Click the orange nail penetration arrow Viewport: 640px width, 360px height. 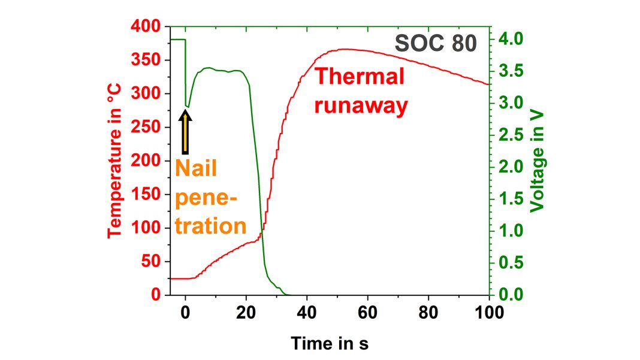(x=186, y=133)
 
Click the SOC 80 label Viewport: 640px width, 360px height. (x=436, y=44)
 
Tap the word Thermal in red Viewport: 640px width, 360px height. (x=360, y=77)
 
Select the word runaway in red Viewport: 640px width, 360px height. (x=361, y=105)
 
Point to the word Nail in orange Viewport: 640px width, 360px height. (x=196, y=169)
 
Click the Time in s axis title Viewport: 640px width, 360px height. (x=330, y=343)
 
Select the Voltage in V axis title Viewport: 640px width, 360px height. (x=539, y=161)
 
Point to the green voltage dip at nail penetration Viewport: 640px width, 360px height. (x=187, y=106)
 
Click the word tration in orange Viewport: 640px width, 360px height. (x=211, y=226)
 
